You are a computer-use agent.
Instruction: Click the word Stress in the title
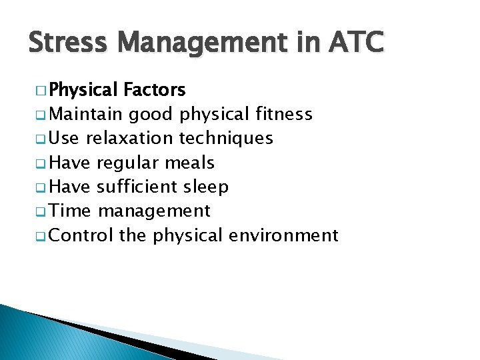69,43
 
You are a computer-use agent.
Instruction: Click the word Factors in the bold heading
155,90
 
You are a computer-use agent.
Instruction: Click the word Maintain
85,115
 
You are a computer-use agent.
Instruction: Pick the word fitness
284,115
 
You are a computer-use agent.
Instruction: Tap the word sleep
206,188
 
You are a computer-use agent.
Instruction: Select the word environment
283,235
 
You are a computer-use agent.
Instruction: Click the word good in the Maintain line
151,115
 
